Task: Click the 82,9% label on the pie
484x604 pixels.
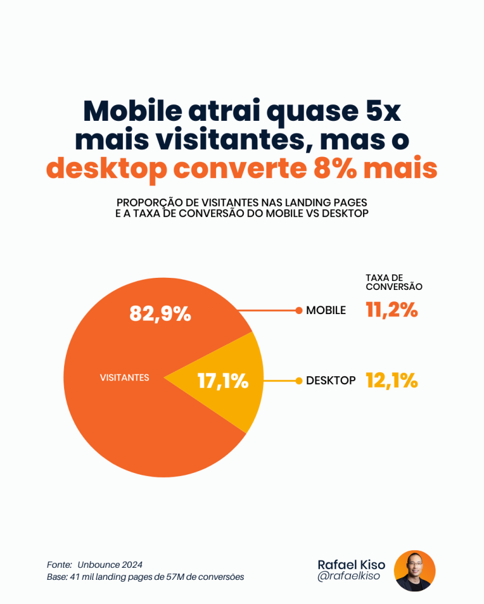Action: (x=160, y=314)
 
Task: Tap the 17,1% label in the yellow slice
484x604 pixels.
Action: (x=223, y=381)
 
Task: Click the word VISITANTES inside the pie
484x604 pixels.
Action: (x=124, y=377)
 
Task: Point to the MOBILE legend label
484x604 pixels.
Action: (x=326, y=310)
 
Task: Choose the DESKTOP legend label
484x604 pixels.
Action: (x=331, y=381)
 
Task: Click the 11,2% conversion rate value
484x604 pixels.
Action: (x=392, y=310)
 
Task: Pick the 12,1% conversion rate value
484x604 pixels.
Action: (x=392, y=380)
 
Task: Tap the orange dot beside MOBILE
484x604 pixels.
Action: (x=299, y=310)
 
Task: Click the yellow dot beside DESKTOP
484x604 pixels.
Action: (x=299, y=381)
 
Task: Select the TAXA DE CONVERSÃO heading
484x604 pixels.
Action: (x=394, y=282)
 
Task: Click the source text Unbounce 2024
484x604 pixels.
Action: (x=110, y=565)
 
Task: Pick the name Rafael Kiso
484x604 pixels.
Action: (x=351, y=564)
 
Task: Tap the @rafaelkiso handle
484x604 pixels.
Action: (x=348, y=576)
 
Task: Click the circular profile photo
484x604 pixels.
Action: (x=414, y=571)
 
